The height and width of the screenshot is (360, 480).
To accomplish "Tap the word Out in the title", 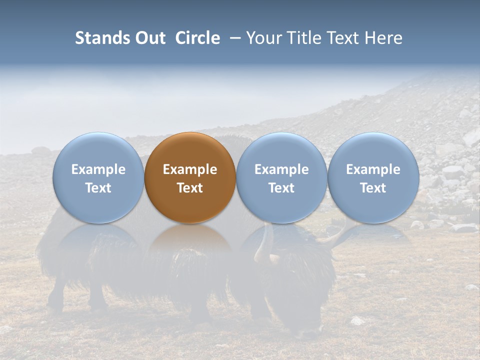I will [x=149, y=38].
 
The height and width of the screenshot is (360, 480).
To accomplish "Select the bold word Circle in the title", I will [x=197, y=38].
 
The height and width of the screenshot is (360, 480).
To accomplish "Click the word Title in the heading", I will [x=304, y=38].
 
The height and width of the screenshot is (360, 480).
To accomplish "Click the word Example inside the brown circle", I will [x=190, y=169].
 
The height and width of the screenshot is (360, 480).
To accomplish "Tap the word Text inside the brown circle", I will [x=190, y=188].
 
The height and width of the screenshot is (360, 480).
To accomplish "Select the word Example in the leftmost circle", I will [x=98, y=169].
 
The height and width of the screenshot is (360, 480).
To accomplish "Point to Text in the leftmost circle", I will [x=98, y=188].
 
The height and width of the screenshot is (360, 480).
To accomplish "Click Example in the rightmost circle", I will [x=373, y=169].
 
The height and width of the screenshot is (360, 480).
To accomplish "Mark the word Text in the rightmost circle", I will [x=373, y=188].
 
